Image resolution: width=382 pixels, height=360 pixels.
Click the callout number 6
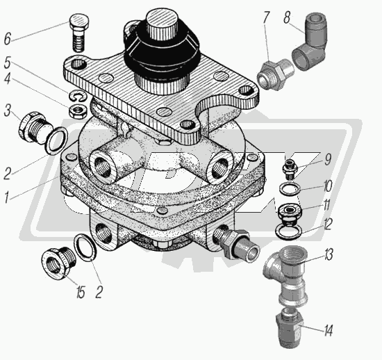pos(8,38)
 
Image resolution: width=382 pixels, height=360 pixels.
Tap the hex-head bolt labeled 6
pos(79,33)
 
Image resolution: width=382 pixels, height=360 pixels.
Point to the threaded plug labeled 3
pos(35,129)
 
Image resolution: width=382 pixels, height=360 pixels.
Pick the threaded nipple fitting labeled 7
pos(275,74)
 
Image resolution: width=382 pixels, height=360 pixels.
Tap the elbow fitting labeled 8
pos(309,42)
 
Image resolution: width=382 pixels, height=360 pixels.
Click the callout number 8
pos(288,17)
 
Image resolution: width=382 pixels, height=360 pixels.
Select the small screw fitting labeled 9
pos(289,169)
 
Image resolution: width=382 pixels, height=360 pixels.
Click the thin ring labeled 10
pos(289,188)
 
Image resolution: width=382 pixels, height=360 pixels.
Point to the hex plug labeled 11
pos(290,213)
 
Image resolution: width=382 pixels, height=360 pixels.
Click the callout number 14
pos(328,331)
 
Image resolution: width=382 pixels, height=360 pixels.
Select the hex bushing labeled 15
pos(58,263)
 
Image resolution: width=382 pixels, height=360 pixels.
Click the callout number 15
pos(80,291)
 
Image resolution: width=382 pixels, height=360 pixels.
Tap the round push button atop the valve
pos(160,26)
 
